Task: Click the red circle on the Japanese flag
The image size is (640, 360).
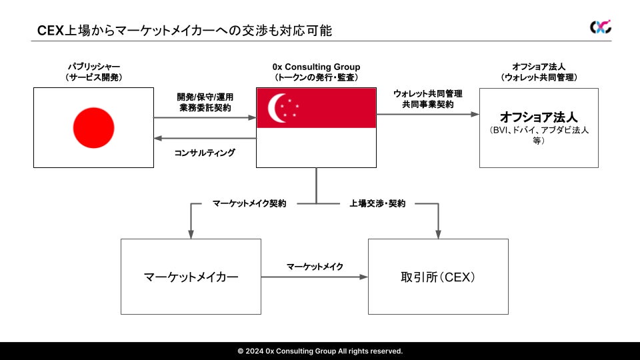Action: (x=93, y=127)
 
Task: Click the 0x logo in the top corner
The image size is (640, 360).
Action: (x=600, y=27)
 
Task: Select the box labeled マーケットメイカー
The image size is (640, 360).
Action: (x=191, y=276)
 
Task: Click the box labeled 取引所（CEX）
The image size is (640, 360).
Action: (x=438, y=276)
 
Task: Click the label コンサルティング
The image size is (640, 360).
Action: (x=205, y=153)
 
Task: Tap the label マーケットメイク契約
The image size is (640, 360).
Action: (x=249, y=203)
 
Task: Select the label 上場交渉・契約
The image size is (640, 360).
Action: (x=377, y=203)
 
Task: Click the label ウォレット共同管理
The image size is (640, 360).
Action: (x=427, y=94)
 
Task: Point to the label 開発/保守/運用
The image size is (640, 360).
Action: (x=205, y=96)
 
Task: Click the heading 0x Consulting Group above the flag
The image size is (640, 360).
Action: (x=316, y=67)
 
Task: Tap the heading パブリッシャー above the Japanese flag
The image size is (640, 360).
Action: (x=93, y=67)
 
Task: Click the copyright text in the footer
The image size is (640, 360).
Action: (x=320, y=351)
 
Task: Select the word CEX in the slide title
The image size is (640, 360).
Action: (x=50, y=30)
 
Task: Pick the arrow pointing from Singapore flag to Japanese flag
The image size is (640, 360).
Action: (x=205, y=139)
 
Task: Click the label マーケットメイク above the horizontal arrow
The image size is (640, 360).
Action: (x=315, y=267)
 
